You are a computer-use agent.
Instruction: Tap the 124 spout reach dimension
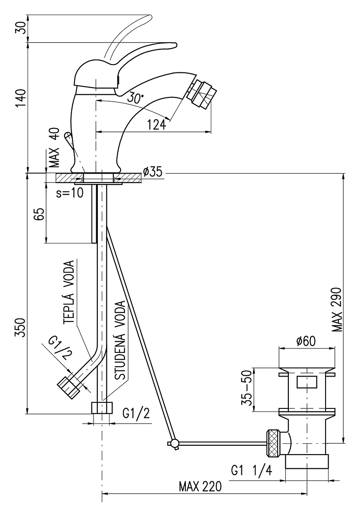pyautogui.click(x=157, y=125)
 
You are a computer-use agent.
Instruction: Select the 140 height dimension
pyautogui.click(x=21, y=99)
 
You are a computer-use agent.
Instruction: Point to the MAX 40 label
pyautogui.click(x=54, y=148)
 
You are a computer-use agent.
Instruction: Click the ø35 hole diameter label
pyautogui.click(x=153, y=171)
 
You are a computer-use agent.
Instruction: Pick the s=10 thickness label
pyautogui.click(x=69, y=193)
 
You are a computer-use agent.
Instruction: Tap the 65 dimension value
pyautogui.click(x=40, y=214)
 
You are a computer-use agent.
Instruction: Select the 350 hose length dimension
pyautogui.click(x=21, y=327)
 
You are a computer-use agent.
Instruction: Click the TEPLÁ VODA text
pyautogui.click(x=69, y=293)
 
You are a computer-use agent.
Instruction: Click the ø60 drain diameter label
pyautogui.click(x=306, y=341)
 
